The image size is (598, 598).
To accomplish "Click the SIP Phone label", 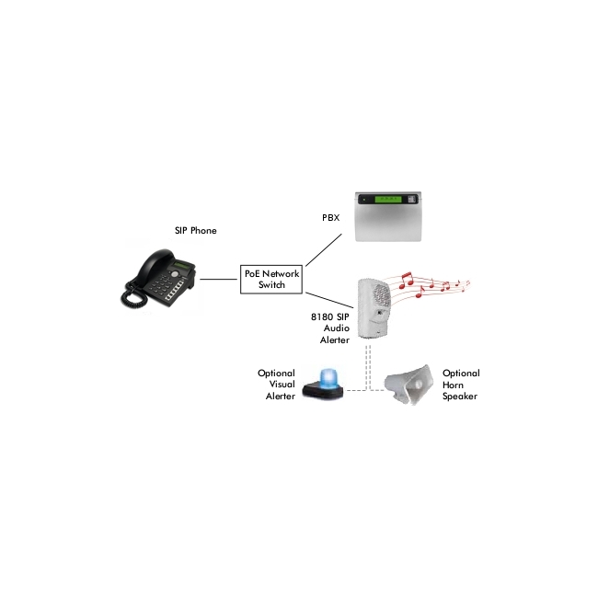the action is coord(196,230).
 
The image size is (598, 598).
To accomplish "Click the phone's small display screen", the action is coord(182,266).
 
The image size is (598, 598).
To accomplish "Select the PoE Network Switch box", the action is coord(271,279).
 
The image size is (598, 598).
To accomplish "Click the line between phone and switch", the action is coord(219,279).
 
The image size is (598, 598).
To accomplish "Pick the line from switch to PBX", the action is coord(324,250).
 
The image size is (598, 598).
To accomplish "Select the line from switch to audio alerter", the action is coord(329,300).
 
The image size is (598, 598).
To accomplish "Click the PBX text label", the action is coord(330,217).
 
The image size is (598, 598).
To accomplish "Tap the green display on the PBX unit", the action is coord(388,199).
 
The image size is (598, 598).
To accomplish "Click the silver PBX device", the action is coord(388,216).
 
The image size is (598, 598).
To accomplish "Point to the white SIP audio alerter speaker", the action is coord(374,308).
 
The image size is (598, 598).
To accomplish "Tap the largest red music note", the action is coord(406,280).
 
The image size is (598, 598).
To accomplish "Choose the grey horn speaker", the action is coord(408,384).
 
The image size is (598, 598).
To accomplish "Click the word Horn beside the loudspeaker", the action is coord(453,385).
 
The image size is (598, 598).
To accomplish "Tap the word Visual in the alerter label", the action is coord(282,385).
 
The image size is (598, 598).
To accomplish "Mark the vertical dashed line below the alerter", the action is coord(368,368).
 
